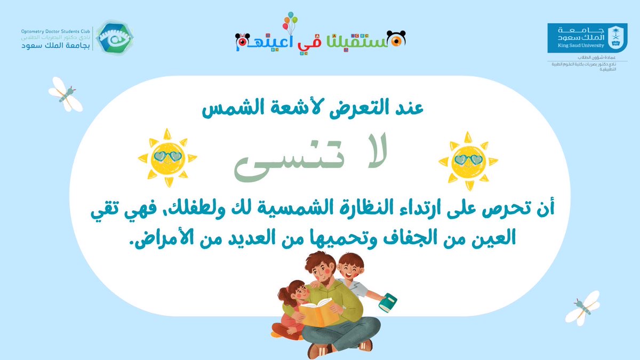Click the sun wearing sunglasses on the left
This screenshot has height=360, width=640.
[167, 157]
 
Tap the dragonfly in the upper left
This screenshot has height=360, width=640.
[65, 94]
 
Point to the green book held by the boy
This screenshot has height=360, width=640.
[388, 302]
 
